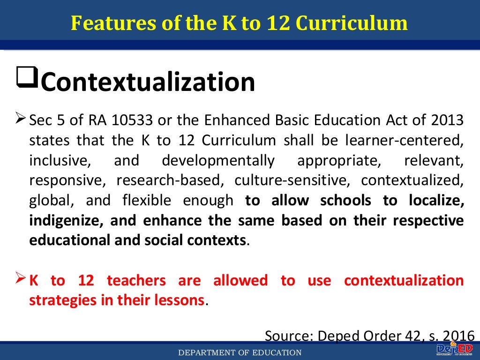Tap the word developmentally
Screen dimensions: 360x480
point(218,161)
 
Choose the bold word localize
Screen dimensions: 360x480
point(436,201)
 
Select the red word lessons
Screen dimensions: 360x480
point(181,300)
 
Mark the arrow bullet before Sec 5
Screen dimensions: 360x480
point(20,118)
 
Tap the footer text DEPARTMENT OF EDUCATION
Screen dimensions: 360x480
point(240,352)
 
